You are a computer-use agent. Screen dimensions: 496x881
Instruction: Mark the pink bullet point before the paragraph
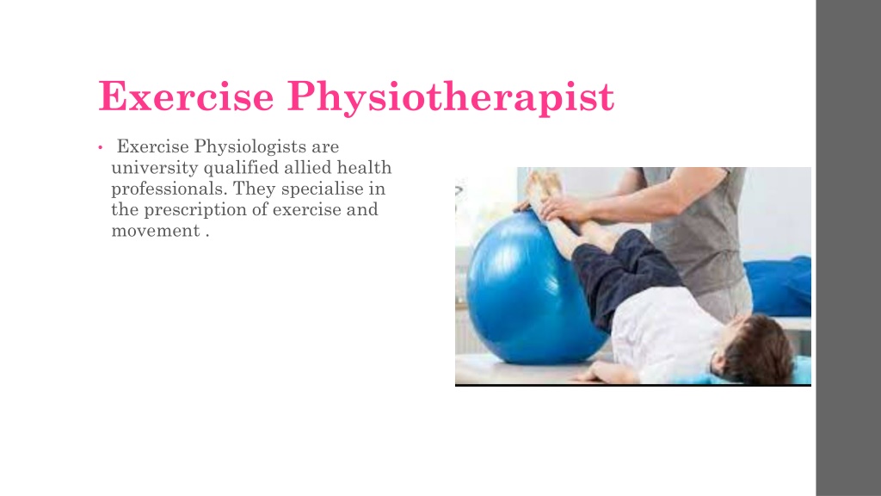pos(101,149)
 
